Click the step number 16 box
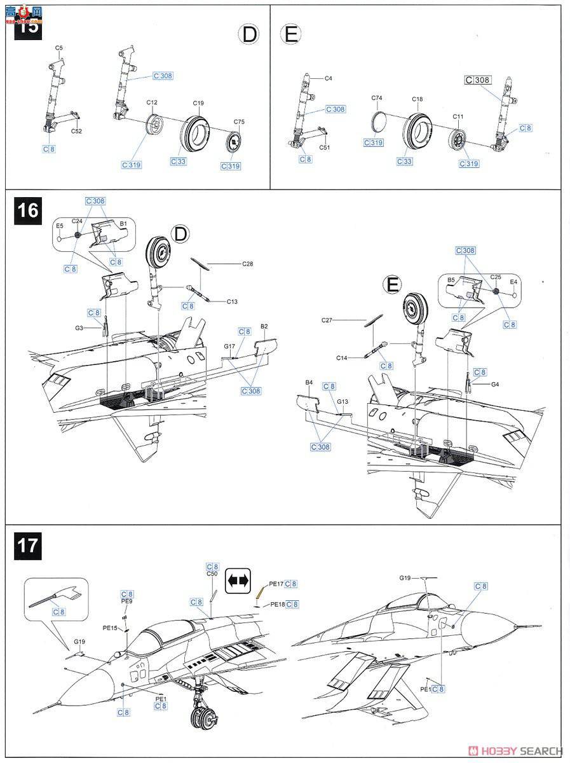tap(27, 210)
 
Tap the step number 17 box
tap(27, 546)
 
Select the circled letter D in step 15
tap(249, 34)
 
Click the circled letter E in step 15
tap(290, 34)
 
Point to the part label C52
tap(76, 132)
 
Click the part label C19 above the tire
tap(198, 102)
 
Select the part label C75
tap(239, 121)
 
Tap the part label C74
tap(377, 98)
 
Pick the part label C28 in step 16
tap(247, 263)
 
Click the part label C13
tap(232, 301)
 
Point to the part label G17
tap(229, 346)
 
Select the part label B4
tap(309, 382)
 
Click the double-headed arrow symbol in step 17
tap(239, 580)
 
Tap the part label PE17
tap(276, 583)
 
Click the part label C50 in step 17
tap(212, 574)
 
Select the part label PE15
tap(111, 628)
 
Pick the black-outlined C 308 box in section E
tap(478, 80)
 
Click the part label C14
tap(343, 358)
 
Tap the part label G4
tap(496, 384)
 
